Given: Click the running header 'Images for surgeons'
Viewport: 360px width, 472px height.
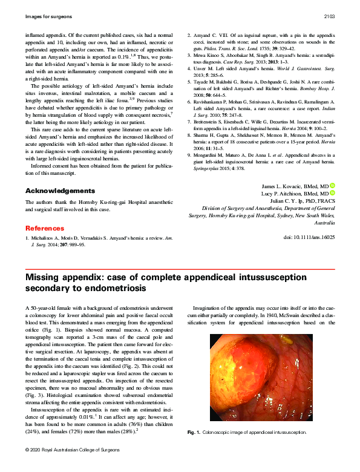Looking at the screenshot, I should tap(48, 16).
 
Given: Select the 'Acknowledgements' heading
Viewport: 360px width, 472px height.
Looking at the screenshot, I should tap(55, 191).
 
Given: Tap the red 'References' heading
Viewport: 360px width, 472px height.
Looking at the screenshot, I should tap(44, 228).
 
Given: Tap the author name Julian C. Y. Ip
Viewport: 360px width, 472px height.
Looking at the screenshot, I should tap(298, 201).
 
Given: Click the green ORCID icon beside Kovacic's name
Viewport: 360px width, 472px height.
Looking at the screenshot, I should tap(332, 185).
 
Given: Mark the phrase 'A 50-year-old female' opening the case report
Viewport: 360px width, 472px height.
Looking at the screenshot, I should tap(50, 309).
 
